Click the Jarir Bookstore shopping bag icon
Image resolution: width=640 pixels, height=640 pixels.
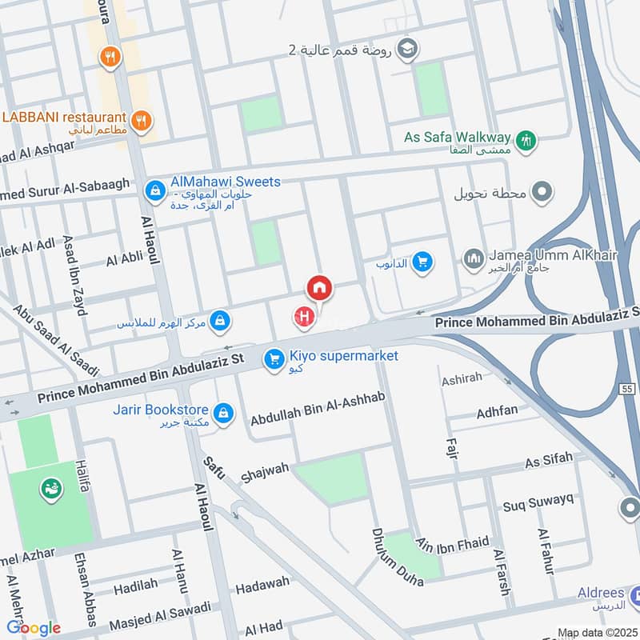point(225,411)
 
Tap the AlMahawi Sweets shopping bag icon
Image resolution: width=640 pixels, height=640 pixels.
point(154,190)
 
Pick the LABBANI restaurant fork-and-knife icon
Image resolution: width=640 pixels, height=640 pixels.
point(142,121)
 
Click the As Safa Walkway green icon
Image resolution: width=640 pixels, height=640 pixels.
point(526,140)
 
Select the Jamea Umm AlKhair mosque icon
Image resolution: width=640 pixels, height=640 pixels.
point(473,259)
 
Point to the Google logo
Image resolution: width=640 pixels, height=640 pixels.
point(33,628)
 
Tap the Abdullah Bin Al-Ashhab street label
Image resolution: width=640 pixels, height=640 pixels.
point(318,418)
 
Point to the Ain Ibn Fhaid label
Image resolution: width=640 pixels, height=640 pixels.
point(452,543)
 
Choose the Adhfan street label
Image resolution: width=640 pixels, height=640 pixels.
point(497,412)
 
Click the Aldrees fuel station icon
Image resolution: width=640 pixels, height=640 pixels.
point(633,595)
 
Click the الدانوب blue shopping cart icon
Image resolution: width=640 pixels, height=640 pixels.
point(422,261)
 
